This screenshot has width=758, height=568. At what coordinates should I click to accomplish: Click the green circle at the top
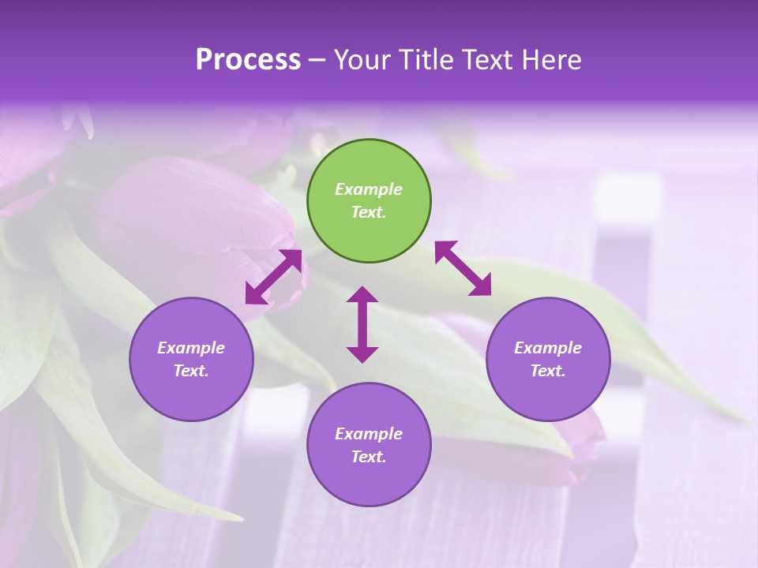coord(369,200)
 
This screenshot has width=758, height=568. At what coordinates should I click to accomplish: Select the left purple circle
coord(191,359)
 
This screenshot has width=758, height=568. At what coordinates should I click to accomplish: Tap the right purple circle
coord(548,359)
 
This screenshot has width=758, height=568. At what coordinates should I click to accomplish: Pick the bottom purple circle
coord(369,445)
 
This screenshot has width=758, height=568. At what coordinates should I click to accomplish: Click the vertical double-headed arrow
coord(362,324)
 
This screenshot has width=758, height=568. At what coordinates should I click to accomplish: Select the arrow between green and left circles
coord(273,277)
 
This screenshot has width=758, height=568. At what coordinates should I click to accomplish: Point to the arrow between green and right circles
coord(463,268)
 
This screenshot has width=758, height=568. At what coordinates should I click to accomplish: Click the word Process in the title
coord(248,60)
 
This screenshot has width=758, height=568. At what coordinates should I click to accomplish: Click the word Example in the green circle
coord(369,189)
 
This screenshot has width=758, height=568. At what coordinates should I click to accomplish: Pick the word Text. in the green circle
coord(369,212)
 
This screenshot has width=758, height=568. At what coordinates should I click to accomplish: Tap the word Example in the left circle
coord(191,348)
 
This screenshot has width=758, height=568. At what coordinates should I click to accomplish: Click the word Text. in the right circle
coord(548,371)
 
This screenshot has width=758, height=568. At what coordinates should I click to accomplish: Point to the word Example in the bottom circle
coord(369,434)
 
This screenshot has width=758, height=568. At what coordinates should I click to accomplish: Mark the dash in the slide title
coord(317,60)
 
